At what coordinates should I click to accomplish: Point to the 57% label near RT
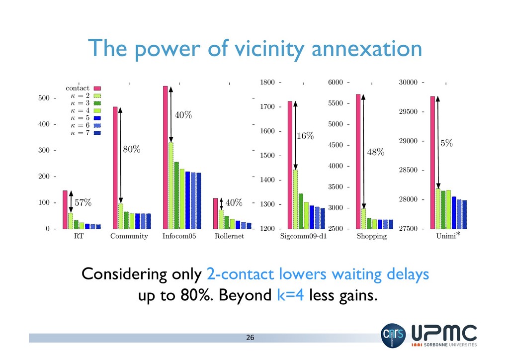[83, 202]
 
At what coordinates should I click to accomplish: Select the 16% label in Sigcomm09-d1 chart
[305, 136]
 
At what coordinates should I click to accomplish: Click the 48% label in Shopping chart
[376, 152]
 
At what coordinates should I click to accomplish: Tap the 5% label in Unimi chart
[446, 143]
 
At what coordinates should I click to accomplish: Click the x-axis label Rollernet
[229, 237]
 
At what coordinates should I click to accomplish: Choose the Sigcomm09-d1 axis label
[303, 237]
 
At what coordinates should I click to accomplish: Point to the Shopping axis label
[371, 237]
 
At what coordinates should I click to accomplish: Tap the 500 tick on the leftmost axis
[44, 98]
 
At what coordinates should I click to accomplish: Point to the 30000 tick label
[409, 83]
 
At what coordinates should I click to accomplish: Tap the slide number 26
[250, 338]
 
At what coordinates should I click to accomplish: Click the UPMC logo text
[444, 333]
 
